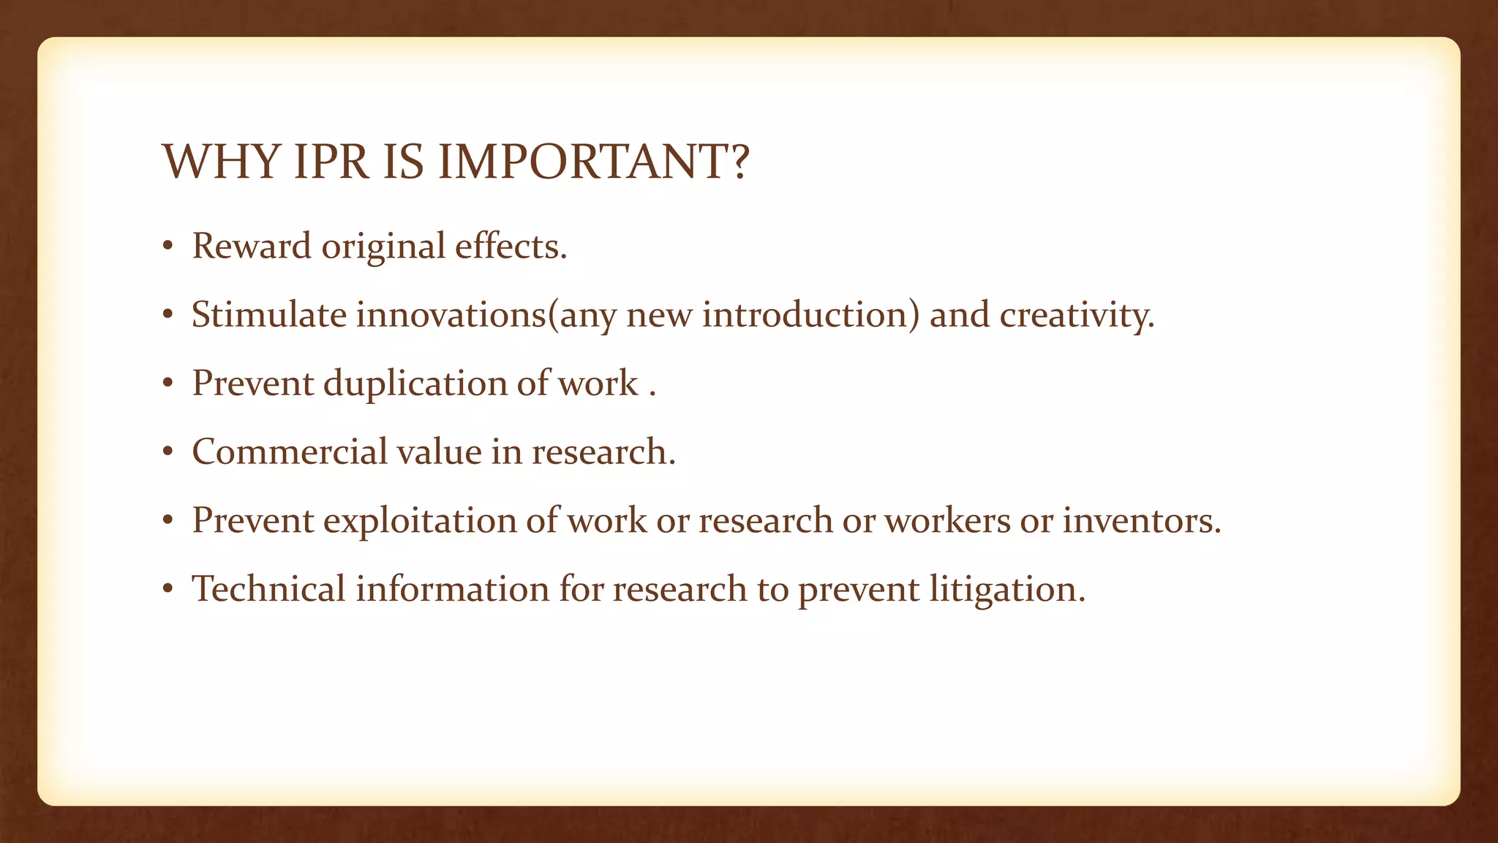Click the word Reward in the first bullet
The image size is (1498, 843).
(252, 246)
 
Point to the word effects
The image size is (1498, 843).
(511, 246)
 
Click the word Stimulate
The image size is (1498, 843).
(268, 315)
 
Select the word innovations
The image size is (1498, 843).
(451, 315)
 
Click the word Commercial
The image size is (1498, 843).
(289, 452)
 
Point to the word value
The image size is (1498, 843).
(438, 452)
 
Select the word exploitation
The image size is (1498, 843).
(420, 521)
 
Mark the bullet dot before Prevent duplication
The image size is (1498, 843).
(168, 384)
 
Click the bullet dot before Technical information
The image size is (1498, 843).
(168, 590)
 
